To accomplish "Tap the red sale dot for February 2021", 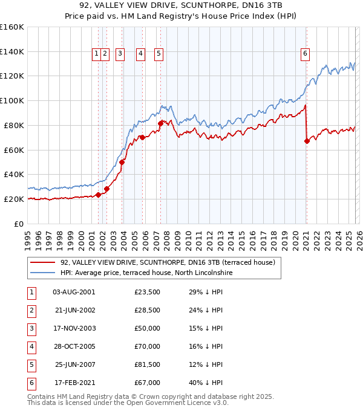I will click(x=307, y=141).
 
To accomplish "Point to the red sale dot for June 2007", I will click(x=160, y=123).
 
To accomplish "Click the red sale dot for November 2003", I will click(x=122, y=162).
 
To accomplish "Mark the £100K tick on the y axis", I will click(x=13, y=100).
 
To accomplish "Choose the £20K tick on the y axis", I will click(x=15, y=199).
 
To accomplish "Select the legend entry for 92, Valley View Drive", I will click(x=168, y=262).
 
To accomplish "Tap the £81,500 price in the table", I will click(x=147, y=364).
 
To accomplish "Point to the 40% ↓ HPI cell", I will click(x=206, y=383).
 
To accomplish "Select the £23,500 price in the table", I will click(x=147, y=292).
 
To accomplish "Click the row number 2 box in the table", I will click(x=30, y=310).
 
